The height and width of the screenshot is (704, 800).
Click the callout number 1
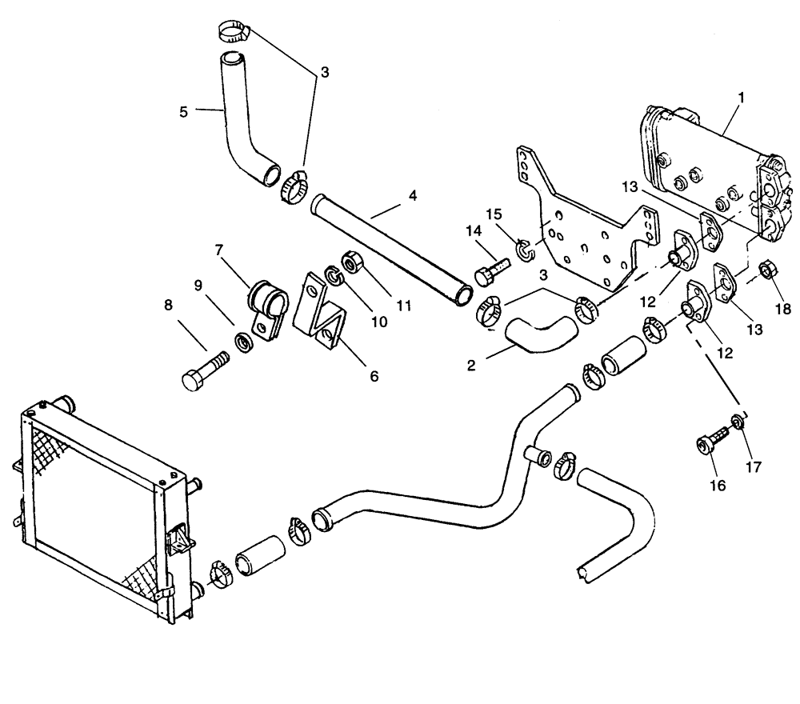tap(741, 97)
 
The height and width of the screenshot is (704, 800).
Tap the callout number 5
tap(184, 112)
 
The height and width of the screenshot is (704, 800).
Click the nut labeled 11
tap(352, 262)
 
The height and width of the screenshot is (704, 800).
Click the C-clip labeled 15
tap(525, 250)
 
